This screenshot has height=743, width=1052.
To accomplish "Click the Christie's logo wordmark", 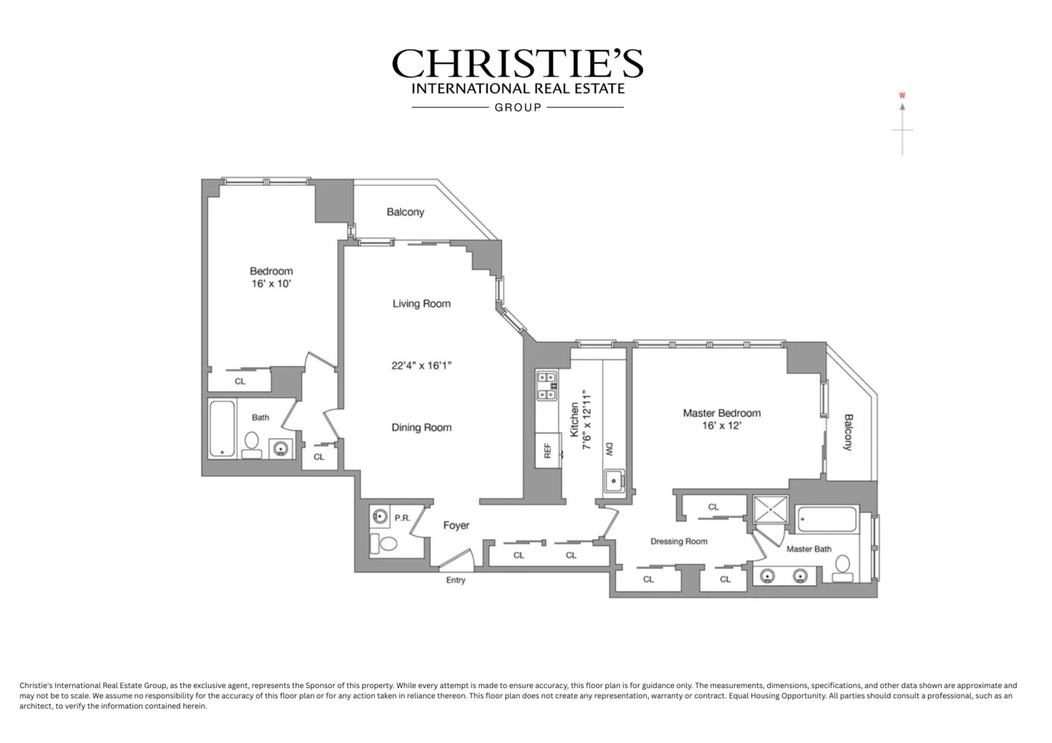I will point(517,64).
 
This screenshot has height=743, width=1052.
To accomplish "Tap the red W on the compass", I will point(902,95).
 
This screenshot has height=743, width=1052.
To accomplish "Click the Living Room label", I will point(422,303).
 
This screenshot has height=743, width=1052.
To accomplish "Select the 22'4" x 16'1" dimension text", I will point(422,365).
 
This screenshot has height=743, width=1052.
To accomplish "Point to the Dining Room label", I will point(422,427).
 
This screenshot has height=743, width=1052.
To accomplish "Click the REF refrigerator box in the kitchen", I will point(548,450).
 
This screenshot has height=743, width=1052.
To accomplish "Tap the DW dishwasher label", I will point(609,449).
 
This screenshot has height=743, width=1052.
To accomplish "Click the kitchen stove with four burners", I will point(546,386).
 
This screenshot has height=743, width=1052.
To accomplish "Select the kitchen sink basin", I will point(613,481).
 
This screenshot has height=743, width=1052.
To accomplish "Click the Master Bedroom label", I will point(722,413).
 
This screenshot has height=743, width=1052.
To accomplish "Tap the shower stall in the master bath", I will point(769,510).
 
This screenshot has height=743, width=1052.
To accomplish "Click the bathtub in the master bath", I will point(827,520).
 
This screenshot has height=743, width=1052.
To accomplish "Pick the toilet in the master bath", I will point(842,568).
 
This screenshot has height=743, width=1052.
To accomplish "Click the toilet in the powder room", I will point(386,543).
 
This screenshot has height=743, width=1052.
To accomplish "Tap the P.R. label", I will point(402,518).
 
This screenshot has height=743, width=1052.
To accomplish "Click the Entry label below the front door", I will point(456,580).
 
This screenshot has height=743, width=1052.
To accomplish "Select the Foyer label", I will point(456,525).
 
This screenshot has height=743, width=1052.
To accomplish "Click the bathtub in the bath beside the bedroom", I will point(222,429).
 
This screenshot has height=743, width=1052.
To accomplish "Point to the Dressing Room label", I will point(679,541).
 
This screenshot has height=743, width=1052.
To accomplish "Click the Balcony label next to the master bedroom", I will point(848,432).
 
